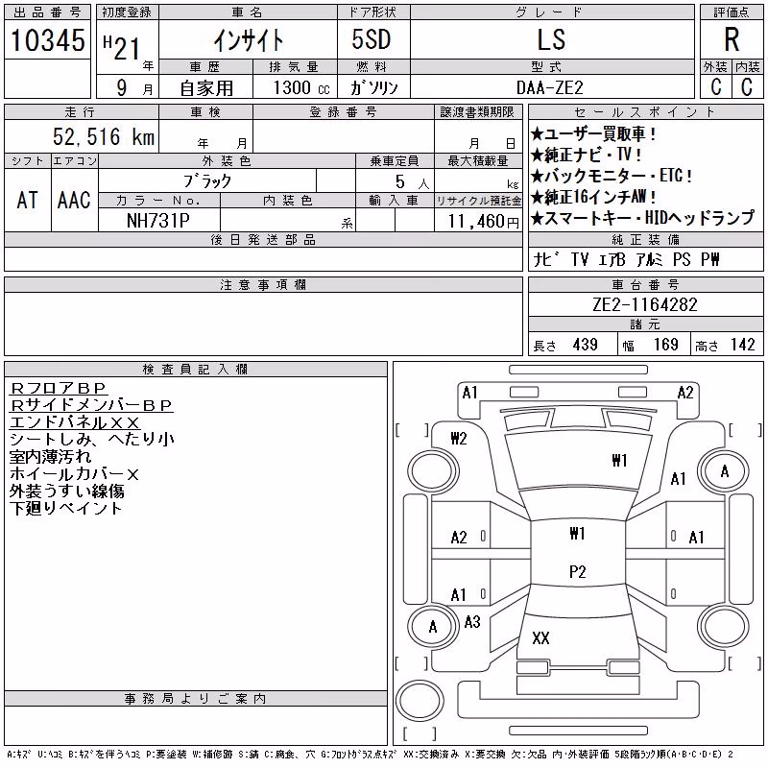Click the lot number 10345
click(47, 40)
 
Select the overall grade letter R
click(732, 39)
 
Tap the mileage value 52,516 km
click(104, 136)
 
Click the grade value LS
click(551, 39)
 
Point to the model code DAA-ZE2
click(550, 87)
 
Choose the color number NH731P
click(158, 221)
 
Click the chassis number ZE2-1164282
click(644, 304)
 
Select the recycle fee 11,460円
click(483, 222)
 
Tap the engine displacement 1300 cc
click(301, 87)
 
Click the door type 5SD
click(372, 39)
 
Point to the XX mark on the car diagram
click(540, 637)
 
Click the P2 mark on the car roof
click(578, 571)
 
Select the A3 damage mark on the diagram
click(472, 622)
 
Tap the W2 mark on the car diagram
click(459, 439)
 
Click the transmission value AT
click(28, 200)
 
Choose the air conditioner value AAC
click(75, 200)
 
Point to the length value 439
click(586, 345)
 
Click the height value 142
click(743, 345)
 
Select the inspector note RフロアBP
click(58, 388)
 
